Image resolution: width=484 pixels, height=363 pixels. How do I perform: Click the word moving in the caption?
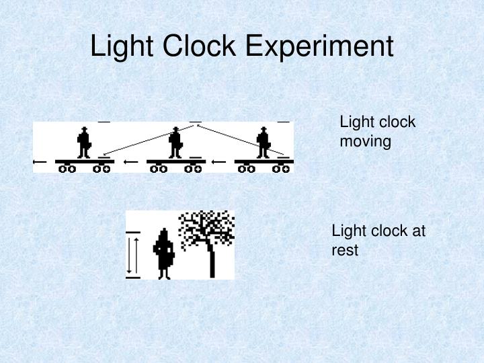(365, 142)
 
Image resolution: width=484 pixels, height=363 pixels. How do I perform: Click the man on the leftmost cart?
(83, 142)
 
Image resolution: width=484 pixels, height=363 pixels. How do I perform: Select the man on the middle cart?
(175, 142)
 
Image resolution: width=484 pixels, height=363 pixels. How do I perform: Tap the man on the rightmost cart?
(264, 142)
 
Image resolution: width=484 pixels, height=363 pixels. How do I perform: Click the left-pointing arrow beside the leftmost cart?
(40, 162)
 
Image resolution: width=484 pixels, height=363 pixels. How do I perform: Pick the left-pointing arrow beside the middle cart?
(131, 162)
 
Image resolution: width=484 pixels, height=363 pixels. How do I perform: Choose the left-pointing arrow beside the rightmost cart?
(219, 162)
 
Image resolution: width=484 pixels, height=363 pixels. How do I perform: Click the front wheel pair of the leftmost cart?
(67, 169)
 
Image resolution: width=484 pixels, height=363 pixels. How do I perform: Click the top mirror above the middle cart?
(195, 122)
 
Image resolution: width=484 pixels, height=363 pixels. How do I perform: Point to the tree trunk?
(212, 259)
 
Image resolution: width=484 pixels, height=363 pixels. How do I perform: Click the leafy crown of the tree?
(207, 226)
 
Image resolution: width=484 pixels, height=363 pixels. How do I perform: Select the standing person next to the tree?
(164, 253)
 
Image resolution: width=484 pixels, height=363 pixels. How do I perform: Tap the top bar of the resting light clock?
(133, 233)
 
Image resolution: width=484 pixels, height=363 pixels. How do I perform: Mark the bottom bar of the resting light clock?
(133, 276)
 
